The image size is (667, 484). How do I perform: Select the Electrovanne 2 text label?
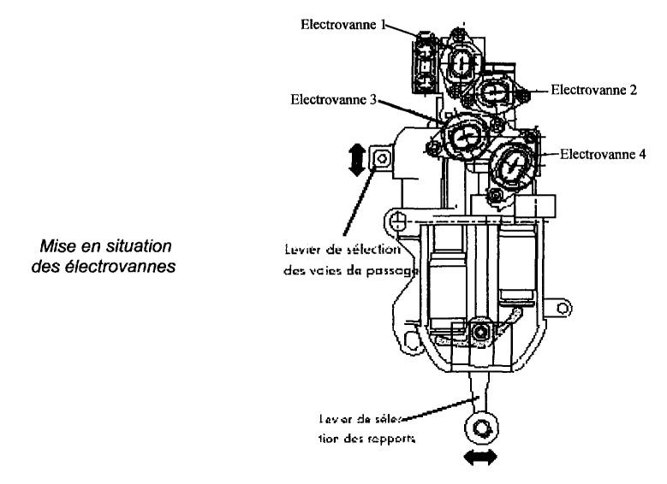[593, 90]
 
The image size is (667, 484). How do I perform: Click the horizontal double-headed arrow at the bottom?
[479, 458]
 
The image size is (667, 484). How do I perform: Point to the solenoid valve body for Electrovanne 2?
[495, 91]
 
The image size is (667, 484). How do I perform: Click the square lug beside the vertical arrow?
[379, 157]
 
